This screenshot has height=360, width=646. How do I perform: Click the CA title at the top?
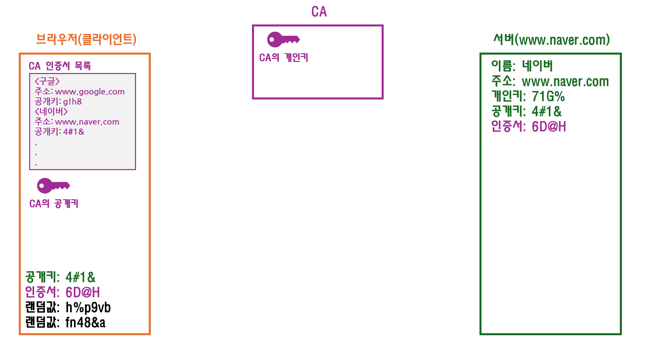click(319, 12)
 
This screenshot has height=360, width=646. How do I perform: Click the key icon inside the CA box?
click(283, 40)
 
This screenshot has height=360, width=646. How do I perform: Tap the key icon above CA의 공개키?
click(53, 186)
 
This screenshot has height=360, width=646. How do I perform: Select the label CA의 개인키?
click(283, 58)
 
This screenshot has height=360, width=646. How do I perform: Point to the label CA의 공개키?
click(54, 204)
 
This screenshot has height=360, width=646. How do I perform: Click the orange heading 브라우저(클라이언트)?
click(86, 39)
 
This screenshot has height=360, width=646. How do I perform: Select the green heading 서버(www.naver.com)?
click(551, 40)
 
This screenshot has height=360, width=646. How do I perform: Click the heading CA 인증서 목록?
click(60, 66)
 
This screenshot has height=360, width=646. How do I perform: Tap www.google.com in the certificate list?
click(90, 92)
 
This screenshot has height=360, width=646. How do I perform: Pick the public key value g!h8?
click(72, 102)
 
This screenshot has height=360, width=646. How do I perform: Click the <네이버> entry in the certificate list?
click(51, 112)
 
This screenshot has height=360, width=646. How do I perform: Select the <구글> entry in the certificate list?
click(47, 81)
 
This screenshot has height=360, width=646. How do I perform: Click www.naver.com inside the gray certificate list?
click(87, 122)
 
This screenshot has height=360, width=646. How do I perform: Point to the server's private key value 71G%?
click(548, 97)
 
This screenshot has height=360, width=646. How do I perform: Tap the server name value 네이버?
click(537, 66)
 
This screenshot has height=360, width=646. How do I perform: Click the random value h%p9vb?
click(88, 307)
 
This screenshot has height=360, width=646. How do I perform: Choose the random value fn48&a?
click(85, 322)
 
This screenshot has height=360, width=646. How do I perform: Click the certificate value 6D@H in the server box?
click(548, 127)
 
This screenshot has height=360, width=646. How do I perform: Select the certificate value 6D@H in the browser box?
click(82, 292)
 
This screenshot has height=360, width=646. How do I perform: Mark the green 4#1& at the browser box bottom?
click(80, 277)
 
